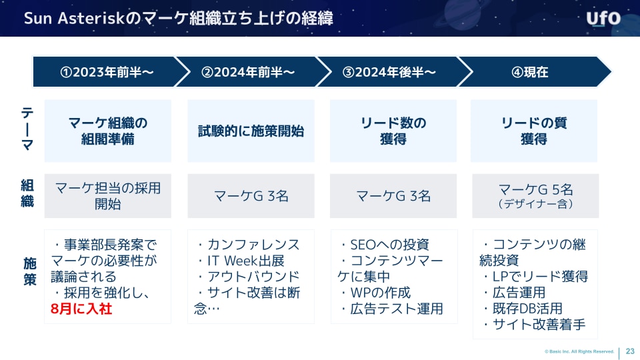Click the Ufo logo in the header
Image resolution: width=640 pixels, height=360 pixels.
pyautogui.click(x=603, y=19)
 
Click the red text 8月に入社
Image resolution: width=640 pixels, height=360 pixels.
pyautogui.click(x=81, y=309)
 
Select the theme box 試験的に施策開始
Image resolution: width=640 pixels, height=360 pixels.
pyautogui.click(x=251, y=131)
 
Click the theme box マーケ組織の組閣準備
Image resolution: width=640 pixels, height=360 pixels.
pyautogui.click(x=108, y=131)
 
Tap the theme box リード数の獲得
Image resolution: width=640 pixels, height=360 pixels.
pyautogui.click(x=393, y=131)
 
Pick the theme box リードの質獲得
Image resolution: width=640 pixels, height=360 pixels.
pyautogui.click(x=534, y=131)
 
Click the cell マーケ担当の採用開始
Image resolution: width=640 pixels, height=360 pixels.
pyautogui.click(x=108, y=196)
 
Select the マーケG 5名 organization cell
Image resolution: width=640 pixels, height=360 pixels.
pyautogui.click(x=535, y=196)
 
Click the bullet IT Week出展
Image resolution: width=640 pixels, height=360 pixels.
pyautogui.click(x=240, y=261)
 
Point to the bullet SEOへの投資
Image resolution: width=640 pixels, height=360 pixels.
pyautogui.click(x=384, y=245)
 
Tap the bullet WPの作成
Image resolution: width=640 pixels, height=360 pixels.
pyautogui.click(x=375, y=293)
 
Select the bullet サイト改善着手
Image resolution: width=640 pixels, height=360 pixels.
pyautogui.click(x=533, y=325)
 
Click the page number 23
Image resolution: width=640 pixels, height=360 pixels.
pyautogui.click(x=630, y=351)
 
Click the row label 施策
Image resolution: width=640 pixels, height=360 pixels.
pyautogui.click(x=30, y=271)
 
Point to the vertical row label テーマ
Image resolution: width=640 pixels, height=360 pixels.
pyautogui.click(x=27, y=129)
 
